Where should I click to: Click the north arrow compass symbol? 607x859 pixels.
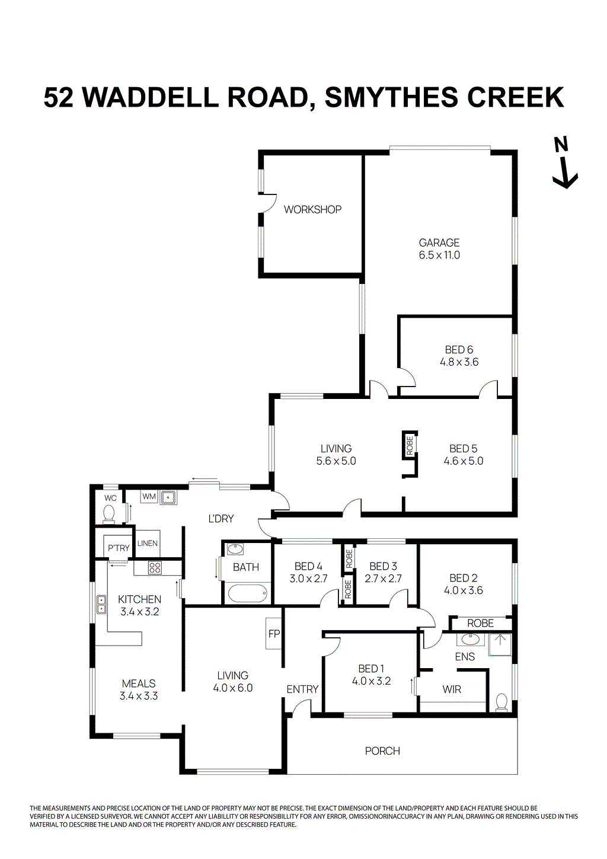tap(564, 163)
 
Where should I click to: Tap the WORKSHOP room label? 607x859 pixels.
tap(312, 209)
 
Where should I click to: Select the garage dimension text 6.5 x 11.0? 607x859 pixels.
tap(439, 255)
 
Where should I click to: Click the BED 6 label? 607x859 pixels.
tap(459, 350)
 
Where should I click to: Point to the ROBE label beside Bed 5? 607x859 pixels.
tap(410, 446)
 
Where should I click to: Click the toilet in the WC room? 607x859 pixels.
tap(110, 513)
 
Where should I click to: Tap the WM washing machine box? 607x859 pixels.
tap(149, 496)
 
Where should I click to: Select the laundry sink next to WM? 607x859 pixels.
tap(168, 497)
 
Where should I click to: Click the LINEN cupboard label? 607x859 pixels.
tap(148, 543)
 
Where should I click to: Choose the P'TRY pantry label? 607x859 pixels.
tap(119, 548)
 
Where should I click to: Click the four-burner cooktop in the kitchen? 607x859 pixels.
tap(155, 568)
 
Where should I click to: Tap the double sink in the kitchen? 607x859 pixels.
tap(101, 604)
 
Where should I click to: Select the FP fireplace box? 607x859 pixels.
tap(274, 634)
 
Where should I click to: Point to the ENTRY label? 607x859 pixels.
tap(302, 689)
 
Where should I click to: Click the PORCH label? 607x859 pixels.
tap(382, 751)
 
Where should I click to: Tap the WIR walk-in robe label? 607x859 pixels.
tap(452, 689)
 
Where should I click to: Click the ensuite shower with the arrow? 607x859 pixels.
tap(500, 644)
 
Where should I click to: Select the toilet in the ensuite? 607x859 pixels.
tap(501, 702)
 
